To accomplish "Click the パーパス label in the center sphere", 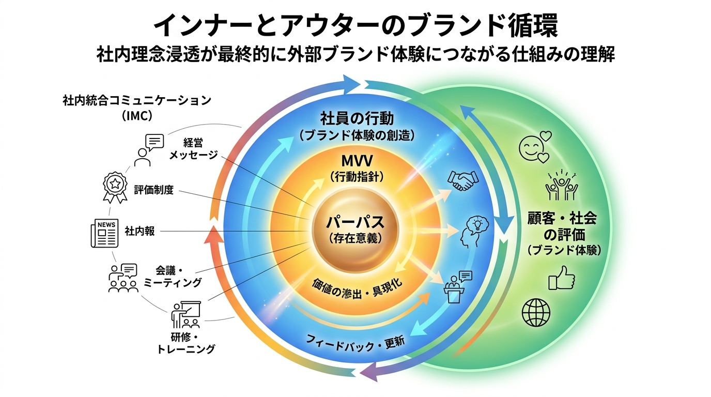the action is pos(355,222).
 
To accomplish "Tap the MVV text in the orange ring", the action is pos(357,161).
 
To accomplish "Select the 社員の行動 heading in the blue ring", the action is pos(357,118).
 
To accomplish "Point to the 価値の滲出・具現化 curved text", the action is pos(357,289).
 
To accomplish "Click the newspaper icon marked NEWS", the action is pos(105,233).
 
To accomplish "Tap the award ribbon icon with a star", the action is pos(115,187).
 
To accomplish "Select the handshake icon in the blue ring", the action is pos(463,180).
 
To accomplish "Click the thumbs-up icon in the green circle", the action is pos(562,278).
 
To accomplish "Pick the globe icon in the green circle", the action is pos(536,313).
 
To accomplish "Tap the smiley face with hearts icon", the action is pos(535,147).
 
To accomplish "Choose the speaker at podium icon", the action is pos(457,287).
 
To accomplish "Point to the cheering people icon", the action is pos(561,185).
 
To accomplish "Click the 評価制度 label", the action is pos(153,190).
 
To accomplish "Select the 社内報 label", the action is pos(140,231).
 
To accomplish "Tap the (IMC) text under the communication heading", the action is pos(137,116).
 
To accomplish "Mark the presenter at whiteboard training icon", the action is pos(187,315).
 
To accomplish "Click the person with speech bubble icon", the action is pos(148,150).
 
